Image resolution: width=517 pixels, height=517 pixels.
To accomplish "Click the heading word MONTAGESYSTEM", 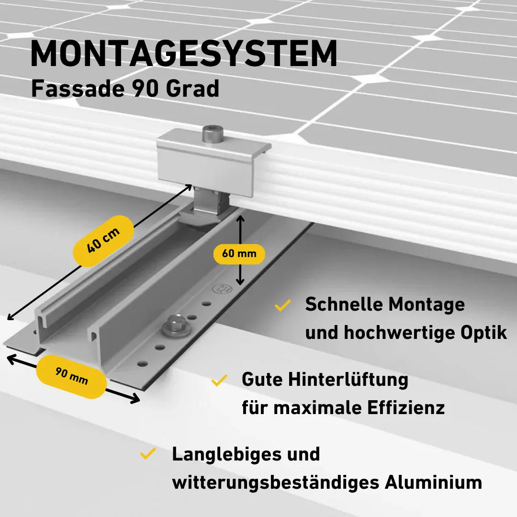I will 184,54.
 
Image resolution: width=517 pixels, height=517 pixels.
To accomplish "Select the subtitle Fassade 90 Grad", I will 125,89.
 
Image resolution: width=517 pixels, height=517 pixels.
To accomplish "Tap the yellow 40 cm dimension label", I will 103,241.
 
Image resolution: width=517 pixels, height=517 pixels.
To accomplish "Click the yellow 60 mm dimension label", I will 239,254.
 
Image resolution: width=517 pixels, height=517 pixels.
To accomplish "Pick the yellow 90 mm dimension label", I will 71,377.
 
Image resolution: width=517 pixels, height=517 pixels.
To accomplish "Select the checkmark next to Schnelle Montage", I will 283,305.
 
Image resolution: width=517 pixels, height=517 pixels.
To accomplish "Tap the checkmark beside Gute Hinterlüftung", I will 219,380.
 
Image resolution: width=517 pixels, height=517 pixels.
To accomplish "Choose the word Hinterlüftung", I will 348,380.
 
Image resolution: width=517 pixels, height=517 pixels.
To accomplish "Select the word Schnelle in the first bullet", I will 344,304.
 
